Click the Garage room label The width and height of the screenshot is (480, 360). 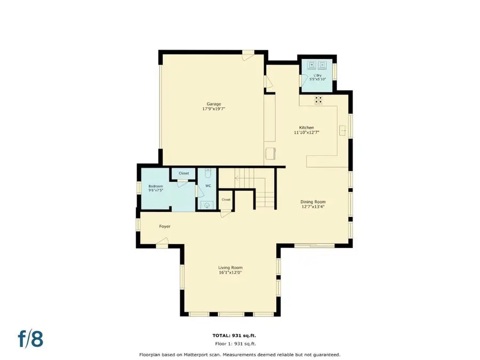click(x=214, y=104)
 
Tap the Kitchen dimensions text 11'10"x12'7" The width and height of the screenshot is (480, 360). click(x=306, y=133)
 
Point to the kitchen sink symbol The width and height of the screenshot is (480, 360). click(x=344, y=129)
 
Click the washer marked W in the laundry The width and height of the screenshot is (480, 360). click(x=311, y=66)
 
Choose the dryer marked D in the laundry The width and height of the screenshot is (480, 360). click(x=323, y=66)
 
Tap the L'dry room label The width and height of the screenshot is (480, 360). click(x=318, y=76)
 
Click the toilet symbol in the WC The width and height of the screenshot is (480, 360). click(x=209, y=173)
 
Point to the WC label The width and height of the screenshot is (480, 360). click(x=208, y=186)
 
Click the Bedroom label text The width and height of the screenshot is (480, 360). click(x=155, y=186)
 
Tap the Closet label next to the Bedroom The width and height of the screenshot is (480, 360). click(x=183, y=173)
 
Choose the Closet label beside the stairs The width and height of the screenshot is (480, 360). click(x=226, y=199)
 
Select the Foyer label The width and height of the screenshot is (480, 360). click(x=165, y=227)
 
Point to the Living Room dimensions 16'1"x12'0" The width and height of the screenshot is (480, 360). click(x=230, y=273)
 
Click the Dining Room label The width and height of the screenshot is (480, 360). click(x=313, y=202)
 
